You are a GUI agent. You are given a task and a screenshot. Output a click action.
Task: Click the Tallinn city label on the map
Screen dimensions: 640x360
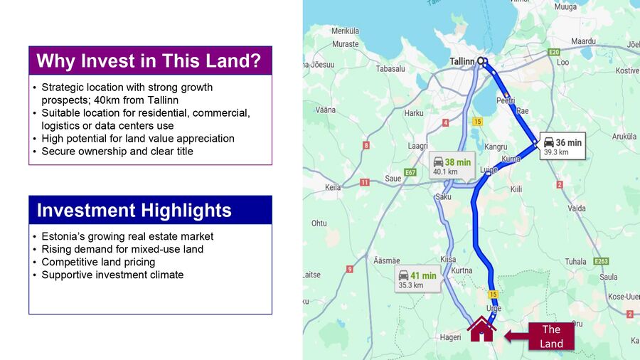[462, 61]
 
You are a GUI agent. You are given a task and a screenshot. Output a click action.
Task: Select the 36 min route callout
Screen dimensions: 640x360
[562, 146]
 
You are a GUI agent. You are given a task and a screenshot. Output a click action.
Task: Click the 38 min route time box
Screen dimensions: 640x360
[452, 166]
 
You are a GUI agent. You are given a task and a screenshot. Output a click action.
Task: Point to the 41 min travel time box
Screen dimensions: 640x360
[417, 280]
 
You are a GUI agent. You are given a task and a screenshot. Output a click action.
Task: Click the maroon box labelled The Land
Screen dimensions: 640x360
[551, 337]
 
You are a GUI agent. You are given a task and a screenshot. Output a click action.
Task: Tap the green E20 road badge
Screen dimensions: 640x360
[554, 52]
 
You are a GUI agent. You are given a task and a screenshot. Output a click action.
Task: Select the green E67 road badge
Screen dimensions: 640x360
[410, 172]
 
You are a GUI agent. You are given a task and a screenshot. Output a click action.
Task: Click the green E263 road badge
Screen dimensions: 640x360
[601, 261]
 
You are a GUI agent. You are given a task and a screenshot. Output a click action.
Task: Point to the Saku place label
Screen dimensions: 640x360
[443, 197]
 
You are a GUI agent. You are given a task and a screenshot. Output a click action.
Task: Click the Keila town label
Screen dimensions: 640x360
[333, 187]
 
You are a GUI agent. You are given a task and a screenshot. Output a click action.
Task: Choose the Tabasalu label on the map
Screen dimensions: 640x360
[390, 68]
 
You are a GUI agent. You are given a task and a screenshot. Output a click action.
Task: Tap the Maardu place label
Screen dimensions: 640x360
[583, 41]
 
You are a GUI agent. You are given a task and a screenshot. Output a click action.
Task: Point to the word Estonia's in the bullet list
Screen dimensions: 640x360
[63, 236]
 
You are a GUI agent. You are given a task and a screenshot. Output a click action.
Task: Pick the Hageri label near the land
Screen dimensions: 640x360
[451, 337]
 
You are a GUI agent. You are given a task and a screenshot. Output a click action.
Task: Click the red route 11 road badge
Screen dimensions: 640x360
[365, 182]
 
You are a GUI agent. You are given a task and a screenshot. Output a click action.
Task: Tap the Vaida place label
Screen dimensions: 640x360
[577, 208]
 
